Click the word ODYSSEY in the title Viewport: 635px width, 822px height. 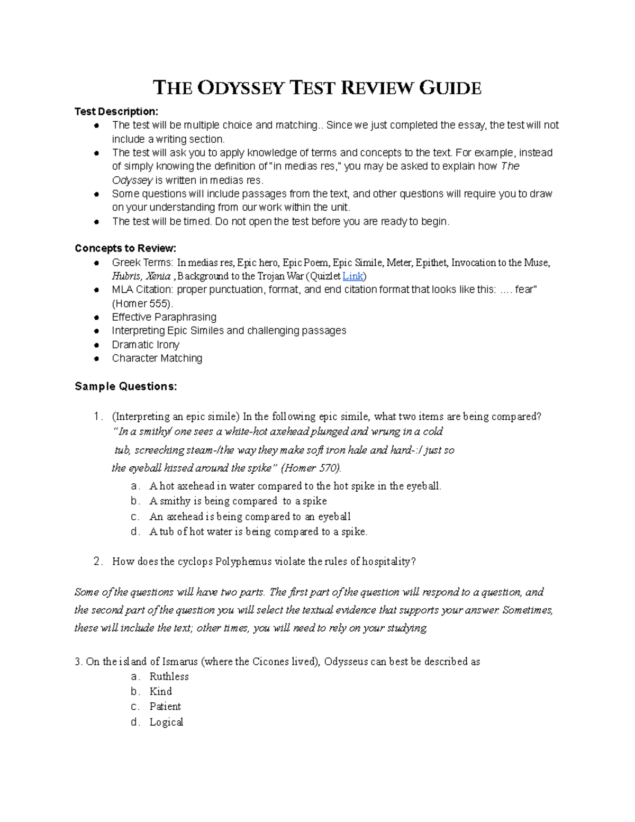(241, 88)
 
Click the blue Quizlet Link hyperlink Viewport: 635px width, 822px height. (352, 276)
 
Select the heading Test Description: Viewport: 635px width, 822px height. (116, 112)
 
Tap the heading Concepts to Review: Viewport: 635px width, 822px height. (125, 249)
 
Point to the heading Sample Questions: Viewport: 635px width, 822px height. (126, 386)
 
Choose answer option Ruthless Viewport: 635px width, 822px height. (169, 676)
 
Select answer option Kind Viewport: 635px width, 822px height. (160, 691)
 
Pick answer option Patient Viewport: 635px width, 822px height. (165, 707)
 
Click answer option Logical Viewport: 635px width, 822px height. (166, 722)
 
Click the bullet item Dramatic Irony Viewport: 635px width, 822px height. (146, 345)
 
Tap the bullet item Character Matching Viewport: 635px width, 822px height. (157, 358)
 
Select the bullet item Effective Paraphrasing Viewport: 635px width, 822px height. (164, 317)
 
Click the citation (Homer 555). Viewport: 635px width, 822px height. (142, 304)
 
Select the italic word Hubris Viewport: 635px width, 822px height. (126, 276)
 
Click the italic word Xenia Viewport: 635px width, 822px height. (158, 276)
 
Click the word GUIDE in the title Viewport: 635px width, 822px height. (450, 88)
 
